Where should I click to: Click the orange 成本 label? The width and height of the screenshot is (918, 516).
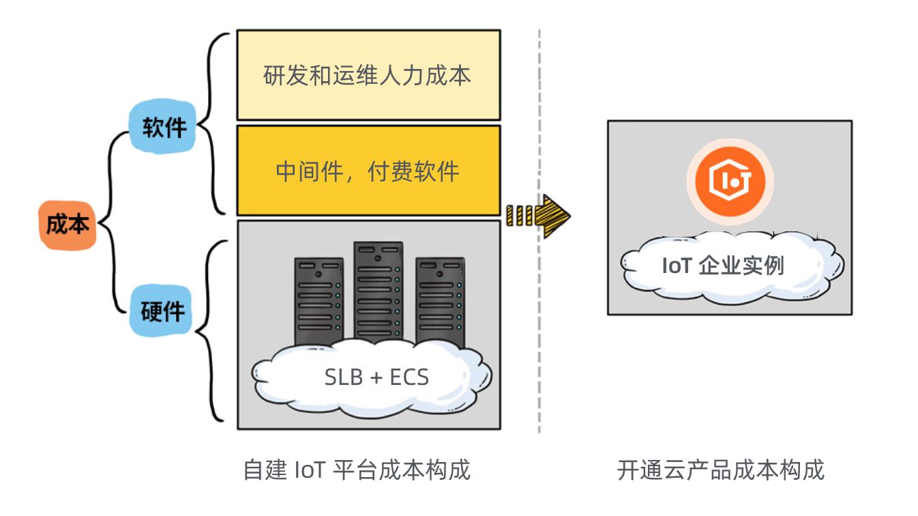coord(67,225)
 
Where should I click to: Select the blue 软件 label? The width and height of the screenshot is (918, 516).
coord(164,128)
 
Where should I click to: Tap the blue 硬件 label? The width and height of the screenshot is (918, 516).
coord(162,311)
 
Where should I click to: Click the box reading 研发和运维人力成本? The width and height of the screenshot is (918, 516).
coord(368,75)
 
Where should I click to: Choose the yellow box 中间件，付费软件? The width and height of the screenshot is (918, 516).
coord(368,171)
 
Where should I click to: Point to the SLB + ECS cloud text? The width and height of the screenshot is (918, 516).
coord(376,376)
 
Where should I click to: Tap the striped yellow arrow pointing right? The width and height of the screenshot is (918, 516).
coord(538,216)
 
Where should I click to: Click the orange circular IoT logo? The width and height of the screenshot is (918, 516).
coord(729,181)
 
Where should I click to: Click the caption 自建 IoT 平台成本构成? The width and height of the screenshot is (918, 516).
coord(357,470)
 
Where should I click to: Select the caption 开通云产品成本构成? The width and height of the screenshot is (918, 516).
coord(721,470)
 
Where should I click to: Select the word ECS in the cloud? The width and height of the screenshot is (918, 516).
coord(409,377)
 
